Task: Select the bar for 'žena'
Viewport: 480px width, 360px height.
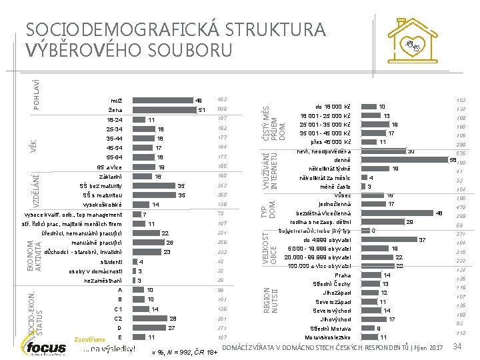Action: (x=167, y=109)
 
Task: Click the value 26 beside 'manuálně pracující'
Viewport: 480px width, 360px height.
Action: (x=169, y=243)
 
